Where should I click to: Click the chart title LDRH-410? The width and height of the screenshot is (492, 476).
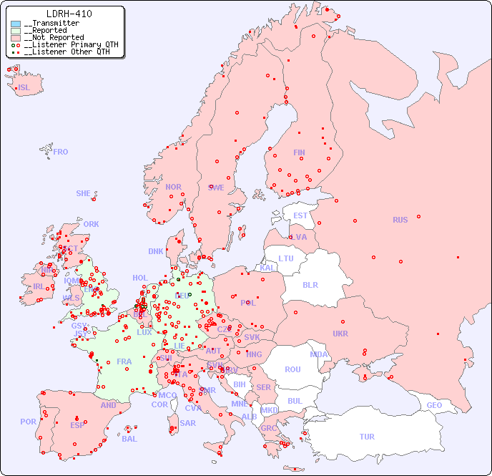pos(69,14)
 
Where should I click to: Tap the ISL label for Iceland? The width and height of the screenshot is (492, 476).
pos(24,88)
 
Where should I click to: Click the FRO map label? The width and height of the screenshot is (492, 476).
pos(61,152)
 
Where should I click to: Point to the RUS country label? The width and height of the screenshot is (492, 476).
pos(400,220)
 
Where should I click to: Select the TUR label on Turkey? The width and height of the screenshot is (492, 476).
pos(367,437)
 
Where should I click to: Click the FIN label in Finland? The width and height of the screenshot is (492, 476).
pos(299,152)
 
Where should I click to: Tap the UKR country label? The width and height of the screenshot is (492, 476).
pos(340,334)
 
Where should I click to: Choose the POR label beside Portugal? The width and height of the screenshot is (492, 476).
pos(28,422)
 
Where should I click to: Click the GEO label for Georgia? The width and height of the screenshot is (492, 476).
pos(434,405)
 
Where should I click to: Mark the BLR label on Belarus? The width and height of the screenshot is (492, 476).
pos(310,284)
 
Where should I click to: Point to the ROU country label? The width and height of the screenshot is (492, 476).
pos(292,369)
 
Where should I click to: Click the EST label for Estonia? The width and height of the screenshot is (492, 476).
pos(300,215)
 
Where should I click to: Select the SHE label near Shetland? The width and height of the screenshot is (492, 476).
pos(84,193)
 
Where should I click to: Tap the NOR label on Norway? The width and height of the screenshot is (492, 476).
pos(173,187)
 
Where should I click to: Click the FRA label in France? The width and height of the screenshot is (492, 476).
pos(124,361)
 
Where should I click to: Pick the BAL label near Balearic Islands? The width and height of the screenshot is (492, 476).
pos(129,439)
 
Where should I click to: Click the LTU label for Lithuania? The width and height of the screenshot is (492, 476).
pos(286,258)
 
